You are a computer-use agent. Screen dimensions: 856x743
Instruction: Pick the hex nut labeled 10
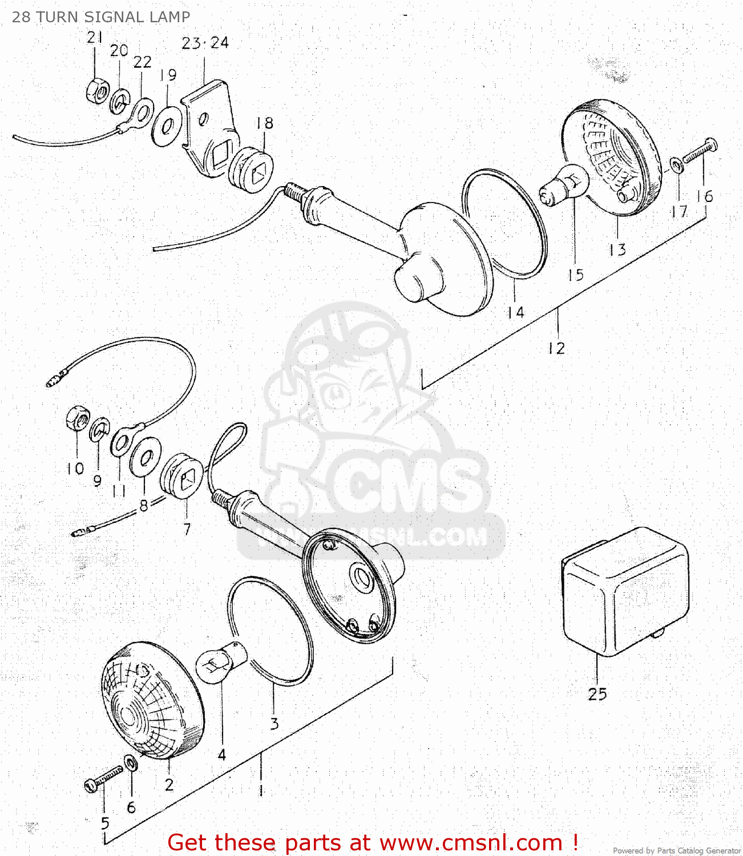(77, 419)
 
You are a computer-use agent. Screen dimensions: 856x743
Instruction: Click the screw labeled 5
(103, 780)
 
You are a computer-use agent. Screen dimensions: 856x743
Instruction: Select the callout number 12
(556, 348)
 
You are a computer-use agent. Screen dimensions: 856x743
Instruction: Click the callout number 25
(597, 694)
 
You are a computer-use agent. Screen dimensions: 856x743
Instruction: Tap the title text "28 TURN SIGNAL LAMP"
(101, 17)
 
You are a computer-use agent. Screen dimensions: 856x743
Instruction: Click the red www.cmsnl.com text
(471, 842)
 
